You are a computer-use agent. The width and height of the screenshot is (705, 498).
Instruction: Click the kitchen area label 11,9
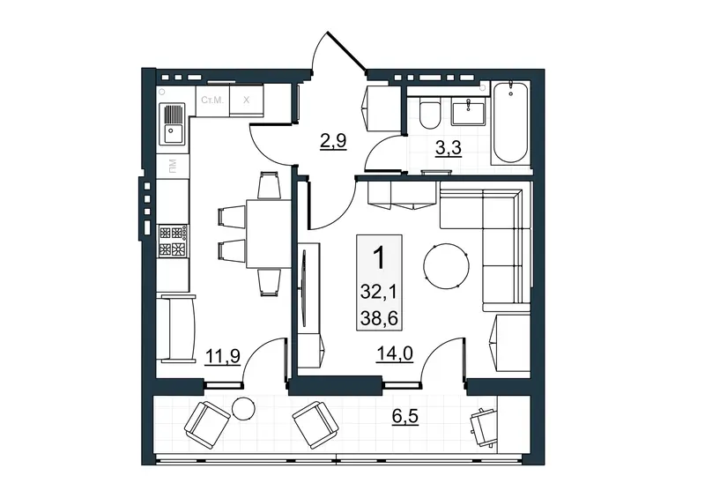[x=223, y=356]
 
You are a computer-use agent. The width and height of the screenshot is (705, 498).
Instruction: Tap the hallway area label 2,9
[x=333, y=141]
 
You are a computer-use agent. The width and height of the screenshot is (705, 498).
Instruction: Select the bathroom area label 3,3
[x=449, y=147]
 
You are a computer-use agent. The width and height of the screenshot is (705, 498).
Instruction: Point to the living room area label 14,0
[x=395, y=354]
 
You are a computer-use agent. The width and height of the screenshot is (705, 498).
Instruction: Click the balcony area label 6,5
[x=404, y=416]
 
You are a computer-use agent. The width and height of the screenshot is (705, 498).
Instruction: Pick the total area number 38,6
[x=379, y=318]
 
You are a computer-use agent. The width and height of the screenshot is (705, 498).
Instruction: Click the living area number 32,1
[x=379, y=293]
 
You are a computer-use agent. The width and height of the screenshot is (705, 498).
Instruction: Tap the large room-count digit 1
[x=379, y=258]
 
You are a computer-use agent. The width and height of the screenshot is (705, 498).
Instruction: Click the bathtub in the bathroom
[x=511, y=123]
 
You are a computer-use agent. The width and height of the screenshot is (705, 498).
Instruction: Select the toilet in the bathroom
[x=430, y=115]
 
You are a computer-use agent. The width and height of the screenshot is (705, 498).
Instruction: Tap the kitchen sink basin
[x=173, y=134]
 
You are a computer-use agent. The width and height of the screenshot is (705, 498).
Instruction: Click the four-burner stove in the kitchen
[x=173, y=242]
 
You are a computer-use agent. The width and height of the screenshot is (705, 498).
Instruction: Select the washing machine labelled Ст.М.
[x=212, y=100]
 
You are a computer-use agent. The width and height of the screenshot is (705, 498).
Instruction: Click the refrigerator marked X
[x=247, y=100]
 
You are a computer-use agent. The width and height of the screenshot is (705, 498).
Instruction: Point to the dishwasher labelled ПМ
[x=173, y=166]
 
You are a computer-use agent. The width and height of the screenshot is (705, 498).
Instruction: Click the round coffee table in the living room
[x=446, y=265]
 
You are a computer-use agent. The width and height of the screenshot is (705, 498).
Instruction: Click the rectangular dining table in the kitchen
[x=269, y=234]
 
